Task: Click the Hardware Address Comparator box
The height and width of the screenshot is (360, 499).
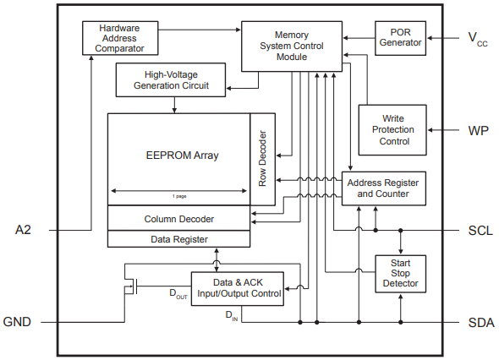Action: (120, 37)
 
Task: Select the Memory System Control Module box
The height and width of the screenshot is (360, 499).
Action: (291, 46)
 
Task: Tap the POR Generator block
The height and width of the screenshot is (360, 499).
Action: (400, 37)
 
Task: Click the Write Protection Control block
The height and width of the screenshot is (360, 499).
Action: (393, 129)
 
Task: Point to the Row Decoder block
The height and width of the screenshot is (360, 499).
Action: (263, 158)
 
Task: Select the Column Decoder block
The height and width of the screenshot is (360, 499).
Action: (179, 219)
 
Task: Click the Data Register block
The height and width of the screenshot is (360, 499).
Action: (179, 239)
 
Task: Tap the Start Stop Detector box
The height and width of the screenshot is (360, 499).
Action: (400, 274)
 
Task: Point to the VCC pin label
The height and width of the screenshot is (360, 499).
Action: (477, 38)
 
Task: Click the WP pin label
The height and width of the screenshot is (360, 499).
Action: (478, 130)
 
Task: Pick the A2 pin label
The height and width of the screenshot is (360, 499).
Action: (25, 230)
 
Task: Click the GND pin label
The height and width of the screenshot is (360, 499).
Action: (19, 322)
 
